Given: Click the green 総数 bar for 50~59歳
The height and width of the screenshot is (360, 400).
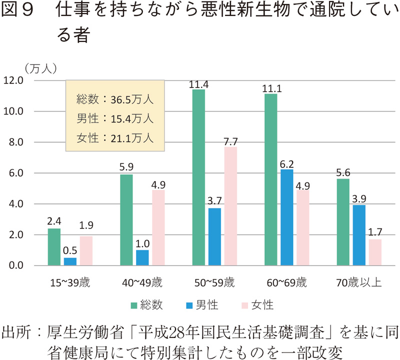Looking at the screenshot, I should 199,177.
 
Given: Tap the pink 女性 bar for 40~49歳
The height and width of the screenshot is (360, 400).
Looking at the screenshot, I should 158,227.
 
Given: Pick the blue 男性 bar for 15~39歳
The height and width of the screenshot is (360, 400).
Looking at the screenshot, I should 70,261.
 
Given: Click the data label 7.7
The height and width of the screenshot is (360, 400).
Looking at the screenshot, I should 230,141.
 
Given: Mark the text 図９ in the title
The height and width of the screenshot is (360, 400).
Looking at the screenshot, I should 19,11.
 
